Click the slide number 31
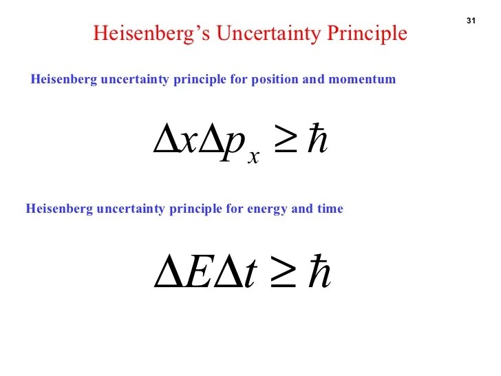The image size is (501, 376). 471,21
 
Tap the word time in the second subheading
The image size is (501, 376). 330,208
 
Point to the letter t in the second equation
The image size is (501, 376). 252,273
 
